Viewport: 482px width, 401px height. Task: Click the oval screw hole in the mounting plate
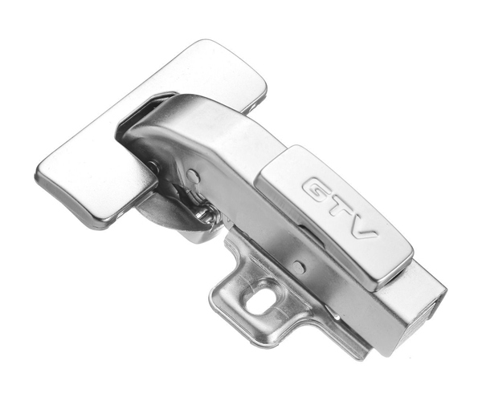pos(257,299)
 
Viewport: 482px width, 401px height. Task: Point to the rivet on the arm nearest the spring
pos(193,175)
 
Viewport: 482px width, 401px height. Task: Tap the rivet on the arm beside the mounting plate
pos(299,266)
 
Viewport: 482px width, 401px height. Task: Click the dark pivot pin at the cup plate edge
pos(153,167)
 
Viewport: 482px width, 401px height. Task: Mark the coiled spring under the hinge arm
pos(204,212)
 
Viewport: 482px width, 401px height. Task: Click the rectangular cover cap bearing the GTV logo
pos(334,217)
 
